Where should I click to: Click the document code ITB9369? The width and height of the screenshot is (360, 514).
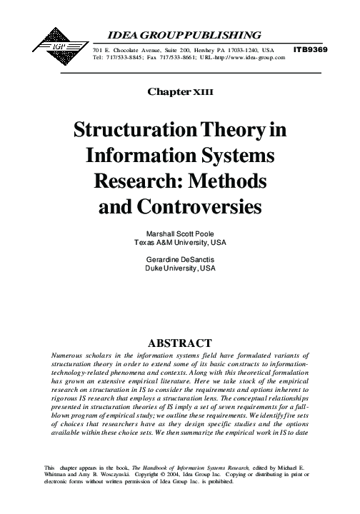(x=311, y=49)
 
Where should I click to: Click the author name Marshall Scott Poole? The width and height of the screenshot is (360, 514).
(x=179, y=234)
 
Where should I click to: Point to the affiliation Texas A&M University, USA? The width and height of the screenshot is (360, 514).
(x=179, y=243)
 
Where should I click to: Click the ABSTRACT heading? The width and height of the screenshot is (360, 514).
(x=179, y=341)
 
